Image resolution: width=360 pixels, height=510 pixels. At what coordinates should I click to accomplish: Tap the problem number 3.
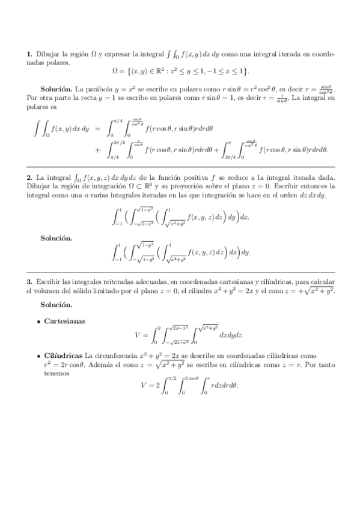(x=28, y=281)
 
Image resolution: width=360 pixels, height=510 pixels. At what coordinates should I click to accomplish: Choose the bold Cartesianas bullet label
(x=65, y=321)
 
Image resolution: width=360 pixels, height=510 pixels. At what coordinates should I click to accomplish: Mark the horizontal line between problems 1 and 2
(x=180, y=166)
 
